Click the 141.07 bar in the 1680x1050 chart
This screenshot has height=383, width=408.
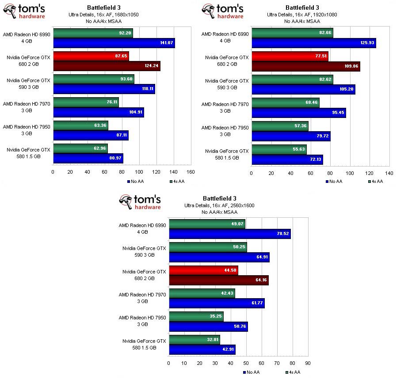click(x=114, y=43)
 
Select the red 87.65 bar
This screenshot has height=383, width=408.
click(x=91, y=57)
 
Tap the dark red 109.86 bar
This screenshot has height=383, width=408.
click(x=306, y=66)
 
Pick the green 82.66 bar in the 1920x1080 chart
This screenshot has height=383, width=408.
click(x=292, y=33)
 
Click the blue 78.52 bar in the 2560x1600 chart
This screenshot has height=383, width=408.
click(x=229, y=234)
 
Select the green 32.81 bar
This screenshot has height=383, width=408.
click(x=194, y=340)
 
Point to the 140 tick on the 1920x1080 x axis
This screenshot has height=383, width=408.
click(x=389, y=173)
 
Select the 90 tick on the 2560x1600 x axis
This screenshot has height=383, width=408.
click(x=308, y=364)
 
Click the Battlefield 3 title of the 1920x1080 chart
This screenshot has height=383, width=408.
click(x=302, y=8)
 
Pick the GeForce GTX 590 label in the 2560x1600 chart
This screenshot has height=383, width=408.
click(x=144, y=252)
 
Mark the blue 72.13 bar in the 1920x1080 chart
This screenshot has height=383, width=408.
click(x=287, y=160)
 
